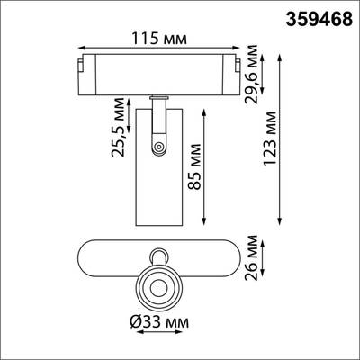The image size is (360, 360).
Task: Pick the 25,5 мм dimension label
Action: [x=117, y=132]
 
